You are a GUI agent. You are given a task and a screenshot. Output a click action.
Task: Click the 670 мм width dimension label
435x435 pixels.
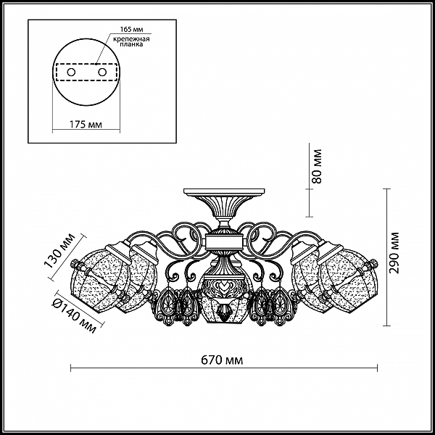coord(222,360)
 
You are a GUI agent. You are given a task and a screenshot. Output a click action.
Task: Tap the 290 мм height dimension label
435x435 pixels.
coord(394,253)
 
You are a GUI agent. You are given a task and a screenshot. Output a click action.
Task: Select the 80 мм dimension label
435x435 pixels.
coord(317,167)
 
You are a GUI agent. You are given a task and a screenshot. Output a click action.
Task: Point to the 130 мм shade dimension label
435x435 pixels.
coord(59,251)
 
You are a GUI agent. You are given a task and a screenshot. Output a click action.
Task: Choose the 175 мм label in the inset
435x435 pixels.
coord(86,125)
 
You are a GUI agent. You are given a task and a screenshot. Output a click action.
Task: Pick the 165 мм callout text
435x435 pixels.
coord(131,29)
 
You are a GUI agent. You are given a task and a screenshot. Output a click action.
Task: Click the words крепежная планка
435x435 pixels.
coord(131,41)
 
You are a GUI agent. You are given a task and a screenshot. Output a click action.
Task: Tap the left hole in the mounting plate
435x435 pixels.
coord(71,72)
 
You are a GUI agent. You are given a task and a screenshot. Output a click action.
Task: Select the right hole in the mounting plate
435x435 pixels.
coord(102,72)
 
